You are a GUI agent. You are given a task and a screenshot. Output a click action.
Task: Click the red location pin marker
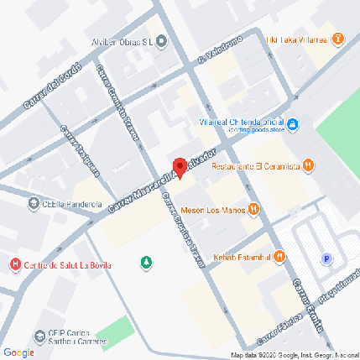tap(179, 166)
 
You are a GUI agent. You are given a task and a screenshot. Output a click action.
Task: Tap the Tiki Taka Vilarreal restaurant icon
tap(337, 39)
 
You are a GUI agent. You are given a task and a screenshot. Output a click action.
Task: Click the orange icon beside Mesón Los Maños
tap(253, 210)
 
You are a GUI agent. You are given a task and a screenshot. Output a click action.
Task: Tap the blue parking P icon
tap(326, 258)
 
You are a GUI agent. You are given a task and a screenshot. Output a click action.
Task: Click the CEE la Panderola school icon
tap(33, 202)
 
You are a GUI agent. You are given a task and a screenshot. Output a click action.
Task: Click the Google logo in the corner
tap(18, 352)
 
